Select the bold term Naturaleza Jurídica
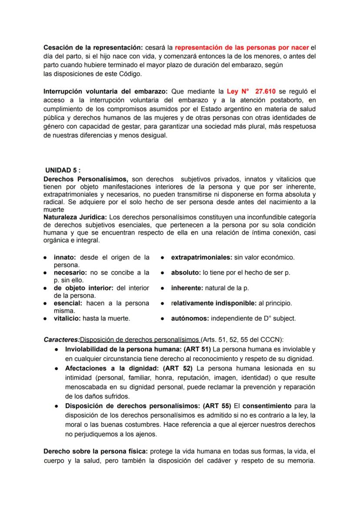[x=75, y=217]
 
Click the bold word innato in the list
[x=63, y=257]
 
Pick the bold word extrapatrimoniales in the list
[x=201, y=257]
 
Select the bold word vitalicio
[x=67, y=319]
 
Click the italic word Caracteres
[x=62, y=339]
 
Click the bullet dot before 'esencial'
[x=45, y=303]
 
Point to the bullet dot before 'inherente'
[x=162, y=288]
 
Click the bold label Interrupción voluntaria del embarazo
[x=106, y=92]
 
